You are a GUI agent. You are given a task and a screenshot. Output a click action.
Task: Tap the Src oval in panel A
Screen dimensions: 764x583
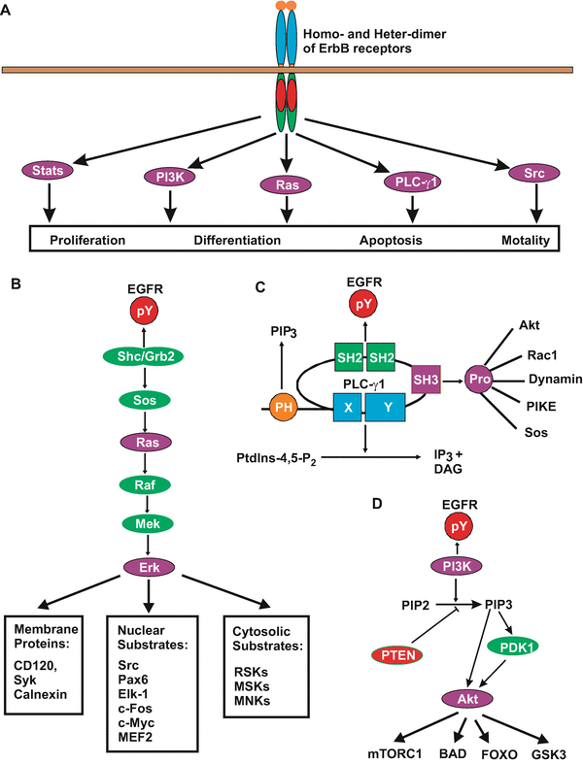click(x=532, y=173)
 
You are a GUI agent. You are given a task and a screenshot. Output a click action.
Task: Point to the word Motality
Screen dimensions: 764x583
click(x=527, y=240)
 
